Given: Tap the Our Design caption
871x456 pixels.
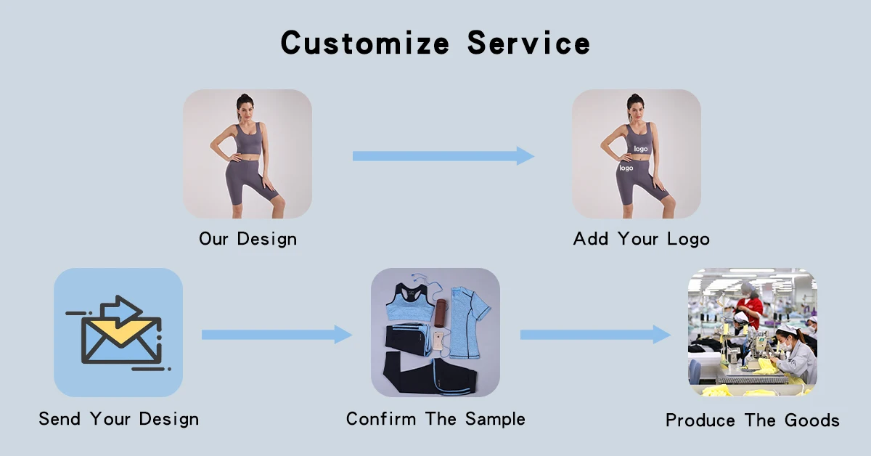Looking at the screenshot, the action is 248,239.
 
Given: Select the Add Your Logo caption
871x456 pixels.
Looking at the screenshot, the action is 641,239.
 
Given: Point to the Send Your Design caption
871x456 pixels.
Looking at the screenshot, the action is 118,419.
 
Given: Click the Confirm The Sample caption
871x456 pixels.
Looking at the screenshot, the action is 435,419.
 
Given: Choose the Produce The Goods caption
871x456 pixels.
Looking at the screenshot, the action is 752,420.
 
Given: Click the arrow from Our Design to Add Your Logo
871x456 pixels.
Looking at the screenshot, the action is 443,155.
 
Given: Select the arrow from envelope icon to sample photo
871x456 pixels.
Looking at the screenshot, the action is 277,334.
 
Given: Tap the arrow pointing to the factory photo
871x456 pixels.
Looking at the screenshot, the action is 595,334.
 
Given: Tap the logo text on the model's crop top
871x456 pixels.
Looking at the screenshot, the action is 640,149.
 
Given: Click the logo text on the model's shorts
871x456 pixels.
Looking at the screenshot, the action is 626,168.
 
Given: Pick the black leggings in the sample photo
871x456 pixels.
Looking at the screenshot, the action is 435,375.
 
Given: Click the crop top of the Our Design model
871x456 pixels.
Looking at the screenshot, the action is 248,139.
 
